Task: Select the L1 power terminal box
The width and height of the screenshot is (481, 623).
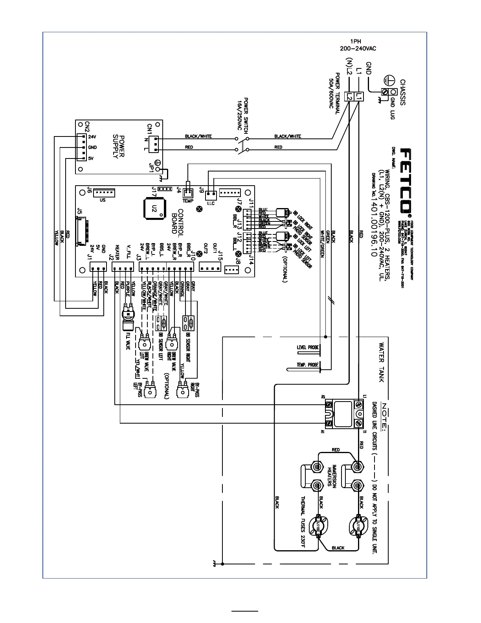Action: pos(359,96)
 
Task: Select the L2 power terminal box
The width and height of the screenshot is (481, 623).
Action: pos(349,96)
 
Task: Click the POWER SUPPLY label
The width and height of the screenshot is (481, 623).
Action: pos(119,146)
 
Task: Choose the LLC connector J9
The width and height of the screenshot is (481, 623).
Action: pos(211,194)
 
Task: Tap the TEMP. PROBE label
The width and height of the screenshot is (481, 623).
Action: pos(308,365)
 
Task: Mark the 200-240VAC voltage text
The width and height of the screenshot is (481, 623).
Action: pos(358,48)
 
